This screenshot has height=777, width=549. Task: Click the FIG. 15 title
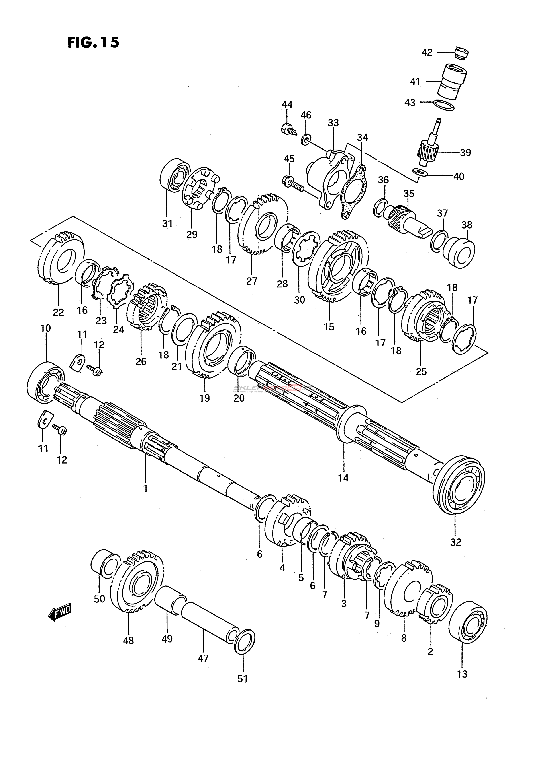94,43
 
